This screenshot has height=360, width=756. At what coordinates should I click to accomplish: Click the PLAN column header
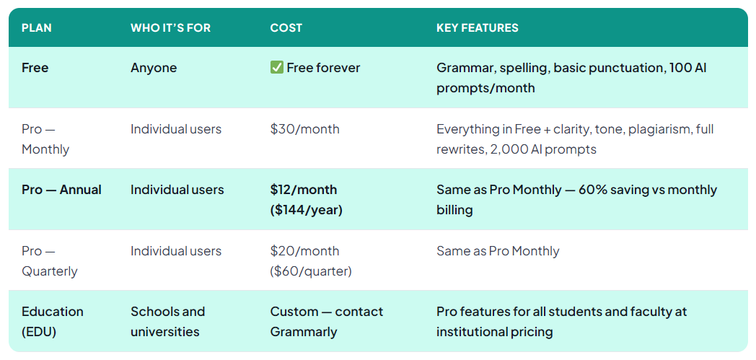tap(37, 28)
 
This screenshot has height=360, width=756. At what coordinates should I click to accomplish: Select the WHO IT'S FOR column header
tap(170, 28)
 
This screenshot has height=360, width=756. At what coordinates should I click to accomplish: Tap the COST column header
tap(286, 28)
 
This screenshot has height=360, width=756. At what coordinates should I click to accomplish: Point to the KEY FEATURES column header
tap(477, 28)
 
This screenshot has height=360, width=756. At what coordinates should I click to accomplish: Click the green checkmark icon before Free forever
tap(276, 68)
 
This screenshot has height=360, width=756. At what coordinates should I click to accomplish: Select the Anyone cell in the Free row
tap(154, 68)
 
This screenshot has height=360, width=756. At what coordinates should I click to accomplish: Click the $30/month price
tap(304, 129)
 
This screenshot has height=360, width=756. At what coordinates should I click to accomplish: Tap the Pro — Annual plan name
tap(61, 190)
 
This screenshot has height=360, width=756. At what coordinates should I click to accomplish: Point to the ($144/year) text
tap(306, 210)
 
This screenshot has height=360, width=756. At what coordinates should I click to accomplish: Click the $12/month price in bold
tap(304, 190)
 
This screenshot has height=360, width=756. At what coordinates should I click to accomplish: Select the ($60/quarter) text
tap(311, 271)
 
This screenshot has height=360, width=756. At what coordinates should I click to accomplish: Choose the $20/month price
tap(304, 251)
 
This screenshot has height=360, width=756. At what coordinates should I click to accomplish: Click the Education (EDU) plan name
tap(52, 322)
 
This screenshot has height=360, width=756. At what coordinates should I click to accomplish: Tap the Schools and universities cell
tap(167, 322)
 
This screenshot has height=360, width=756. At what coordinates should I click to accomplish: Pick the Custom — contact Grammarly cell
tap(326, 322)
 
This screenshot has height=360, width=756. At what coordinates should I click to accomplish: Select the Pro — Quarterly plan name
tap(49, 261)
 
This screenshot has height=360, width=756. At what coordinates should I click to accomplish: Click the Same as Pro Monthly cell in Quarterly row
tap(498, 251)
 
